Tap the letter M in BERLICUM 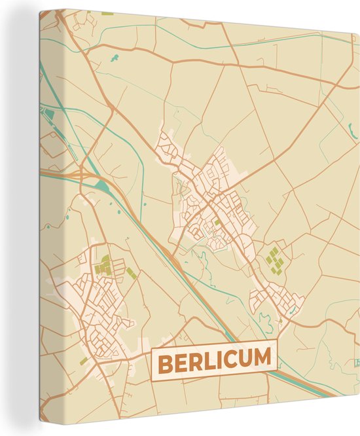tap(261, 359)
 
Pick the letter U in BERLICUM tap(242, 359)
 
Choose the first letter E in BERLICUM tap(179, 362)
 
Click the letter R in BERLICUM tap(192, 361)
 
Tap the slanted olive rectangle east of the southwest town tap(132, 273)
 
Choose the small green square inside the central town tap(218, 223)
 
